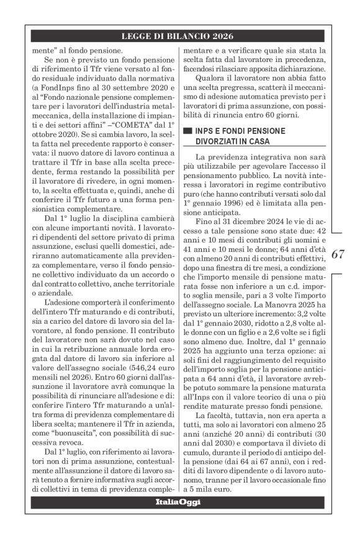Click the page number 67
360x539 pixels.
[338, 254]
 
